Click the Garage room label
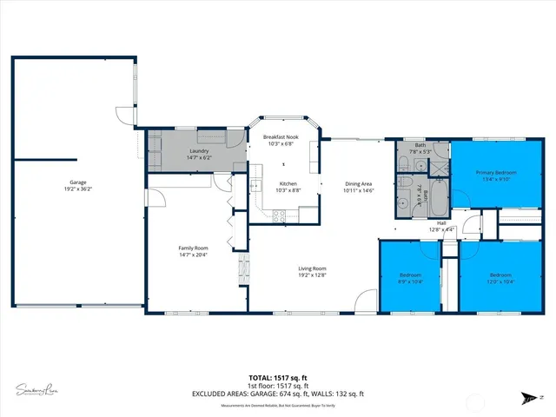pyautogui.click(x=77, y=182)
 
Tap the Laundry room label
pyautogui.click(x=200, y=151)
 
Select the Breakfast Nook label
pyautogui.click(x=281, y=137)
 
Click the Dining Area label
pyautogui.click(x=359, y=183)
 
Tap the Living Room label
pyautogui.click(x=313, y=268)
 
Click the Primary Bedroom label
pyautogui.click(x=496, y=173)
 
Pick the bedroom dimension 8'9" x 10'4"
pyautogui.click(x=409, y=281)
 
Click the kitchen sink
pyautogui.click(x=255, y=185)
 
